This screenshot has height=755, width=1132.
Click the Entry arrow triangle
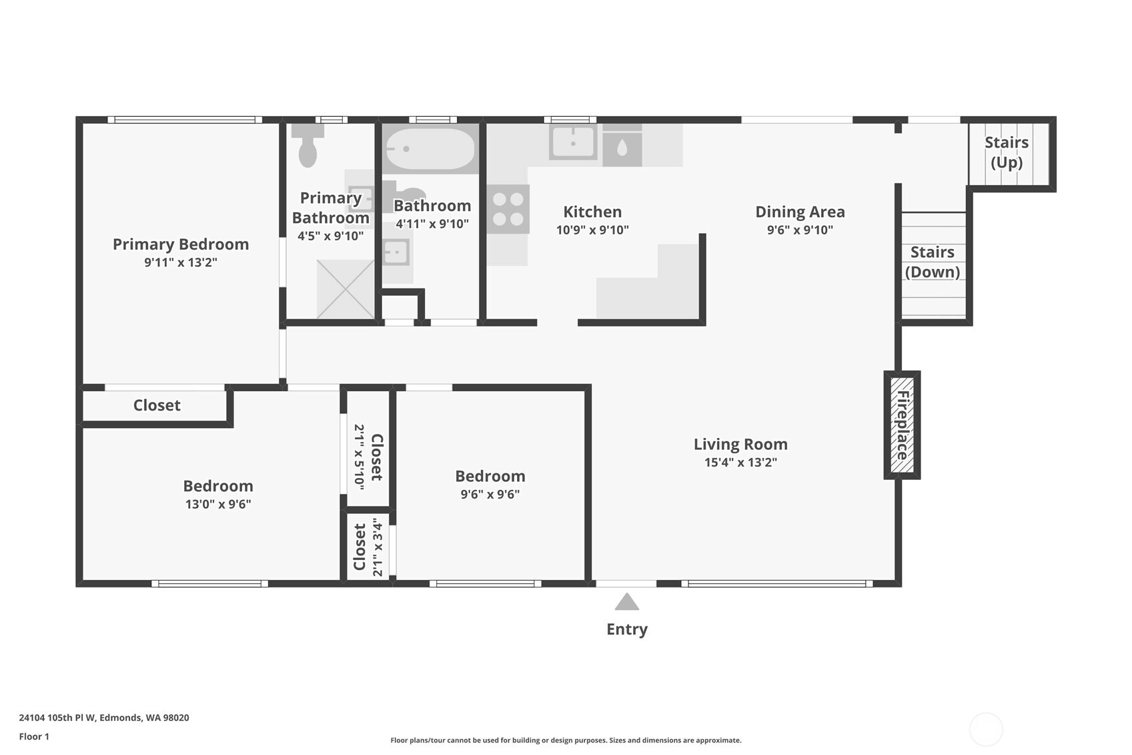point(626,602)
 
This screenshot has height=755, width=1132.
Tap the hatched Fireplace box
point(902,425)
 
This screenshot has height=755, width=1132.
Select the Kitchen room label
point(592,212)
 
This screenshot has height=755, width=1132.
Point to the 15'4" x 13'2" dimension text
point(740,462)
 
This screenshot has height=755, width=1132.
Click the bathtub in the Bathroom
point(430,149)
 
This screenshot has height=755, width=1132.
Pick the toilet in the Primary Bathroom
point(308,145)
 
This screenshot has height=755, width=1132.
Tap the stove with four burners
point(508,209)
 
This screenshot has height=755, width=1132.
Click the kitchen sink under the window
point(572,142)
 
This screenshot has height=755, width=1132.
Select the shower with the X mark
point(345,289)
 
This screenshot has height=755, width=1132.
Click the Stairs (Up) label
point(1006,152)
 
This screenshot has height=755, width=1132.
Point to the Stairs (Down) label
point(933,262)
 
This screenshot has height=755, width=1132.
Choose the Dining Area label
point(800,212)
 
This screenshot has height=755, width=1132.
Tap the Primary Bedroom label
point(180,244)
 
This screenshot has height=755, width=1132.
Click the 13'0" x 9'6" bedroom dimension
point(218,504)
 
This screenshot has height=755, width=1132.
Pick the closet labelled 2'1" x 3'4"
point(368,547)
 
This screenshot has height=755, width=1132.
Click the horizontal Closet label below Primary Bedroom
point(157,405)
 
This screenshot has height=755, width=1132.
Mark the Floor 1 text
point(35,736)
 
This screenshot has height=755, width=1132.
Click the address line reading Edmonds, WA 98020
point(144,718)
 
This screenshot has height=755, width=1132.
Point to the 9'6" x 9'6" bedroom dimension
point(490,494)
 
